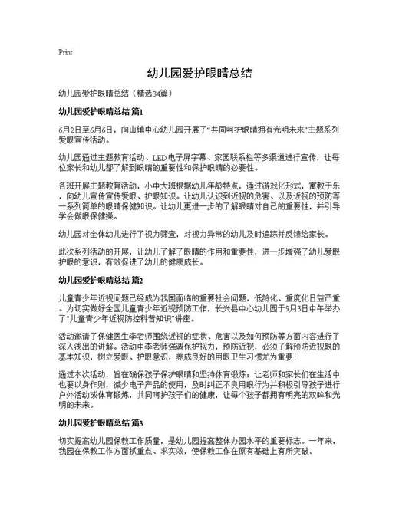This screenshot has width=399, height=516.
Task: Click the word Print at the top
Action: (65, 53)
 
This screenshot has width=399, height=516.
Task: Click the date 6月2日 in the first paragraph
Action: (71, 131)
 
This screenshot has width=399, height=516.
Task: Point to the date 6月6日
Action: (101, 131)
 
